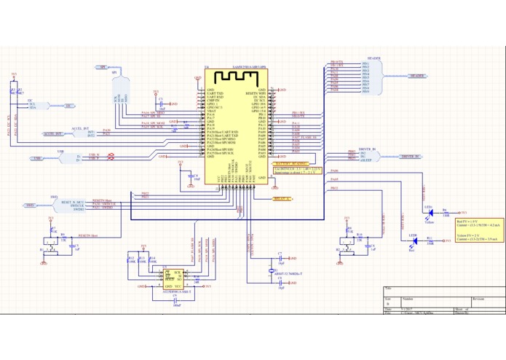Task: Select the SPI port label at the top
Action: (103, 67)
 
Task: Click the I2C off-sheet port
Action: (69, 106)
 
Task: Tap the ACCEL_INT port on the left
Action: (52, 134)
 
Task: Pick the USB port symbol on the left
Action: (39, 158)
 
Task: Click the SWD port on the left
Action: (30, 206)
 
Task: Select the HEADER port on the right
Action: (416, 76)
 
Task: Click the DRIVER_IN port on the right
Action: (410, 157)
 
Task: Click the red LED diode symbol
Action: (413, 240)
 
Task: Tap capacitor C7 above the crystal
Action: (280, 259)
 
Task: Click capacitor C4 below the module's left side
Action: (191, 176)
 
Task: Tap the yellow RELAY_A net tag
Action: (282, 198)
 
